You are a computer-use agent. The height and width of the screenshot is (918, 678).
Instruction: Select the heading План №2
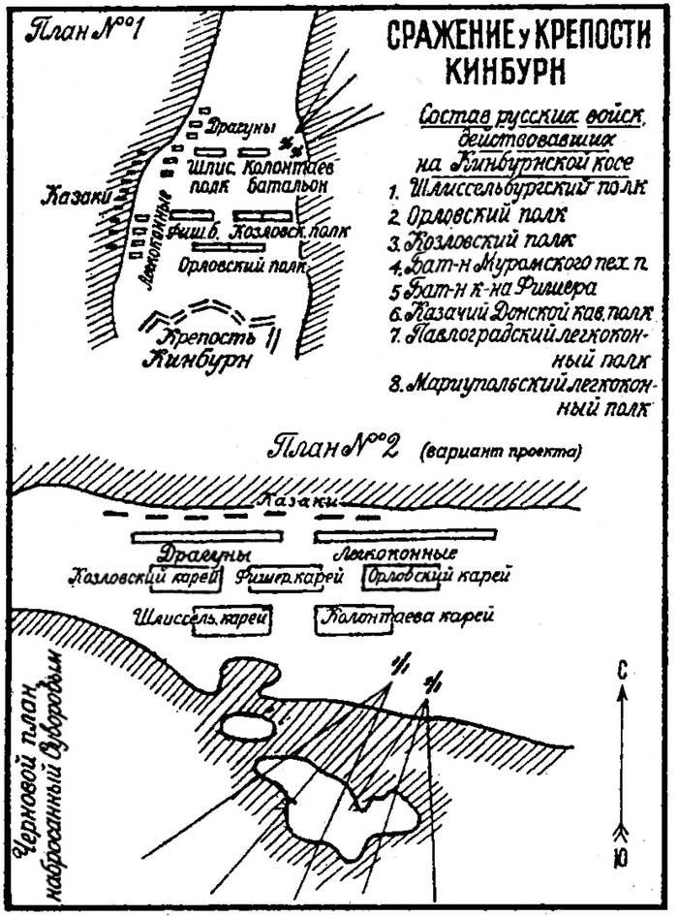click(x=330, y=448)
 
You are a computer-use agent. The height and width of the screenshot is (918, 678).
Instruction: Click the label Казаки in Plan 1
click(x=70, y=197)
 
